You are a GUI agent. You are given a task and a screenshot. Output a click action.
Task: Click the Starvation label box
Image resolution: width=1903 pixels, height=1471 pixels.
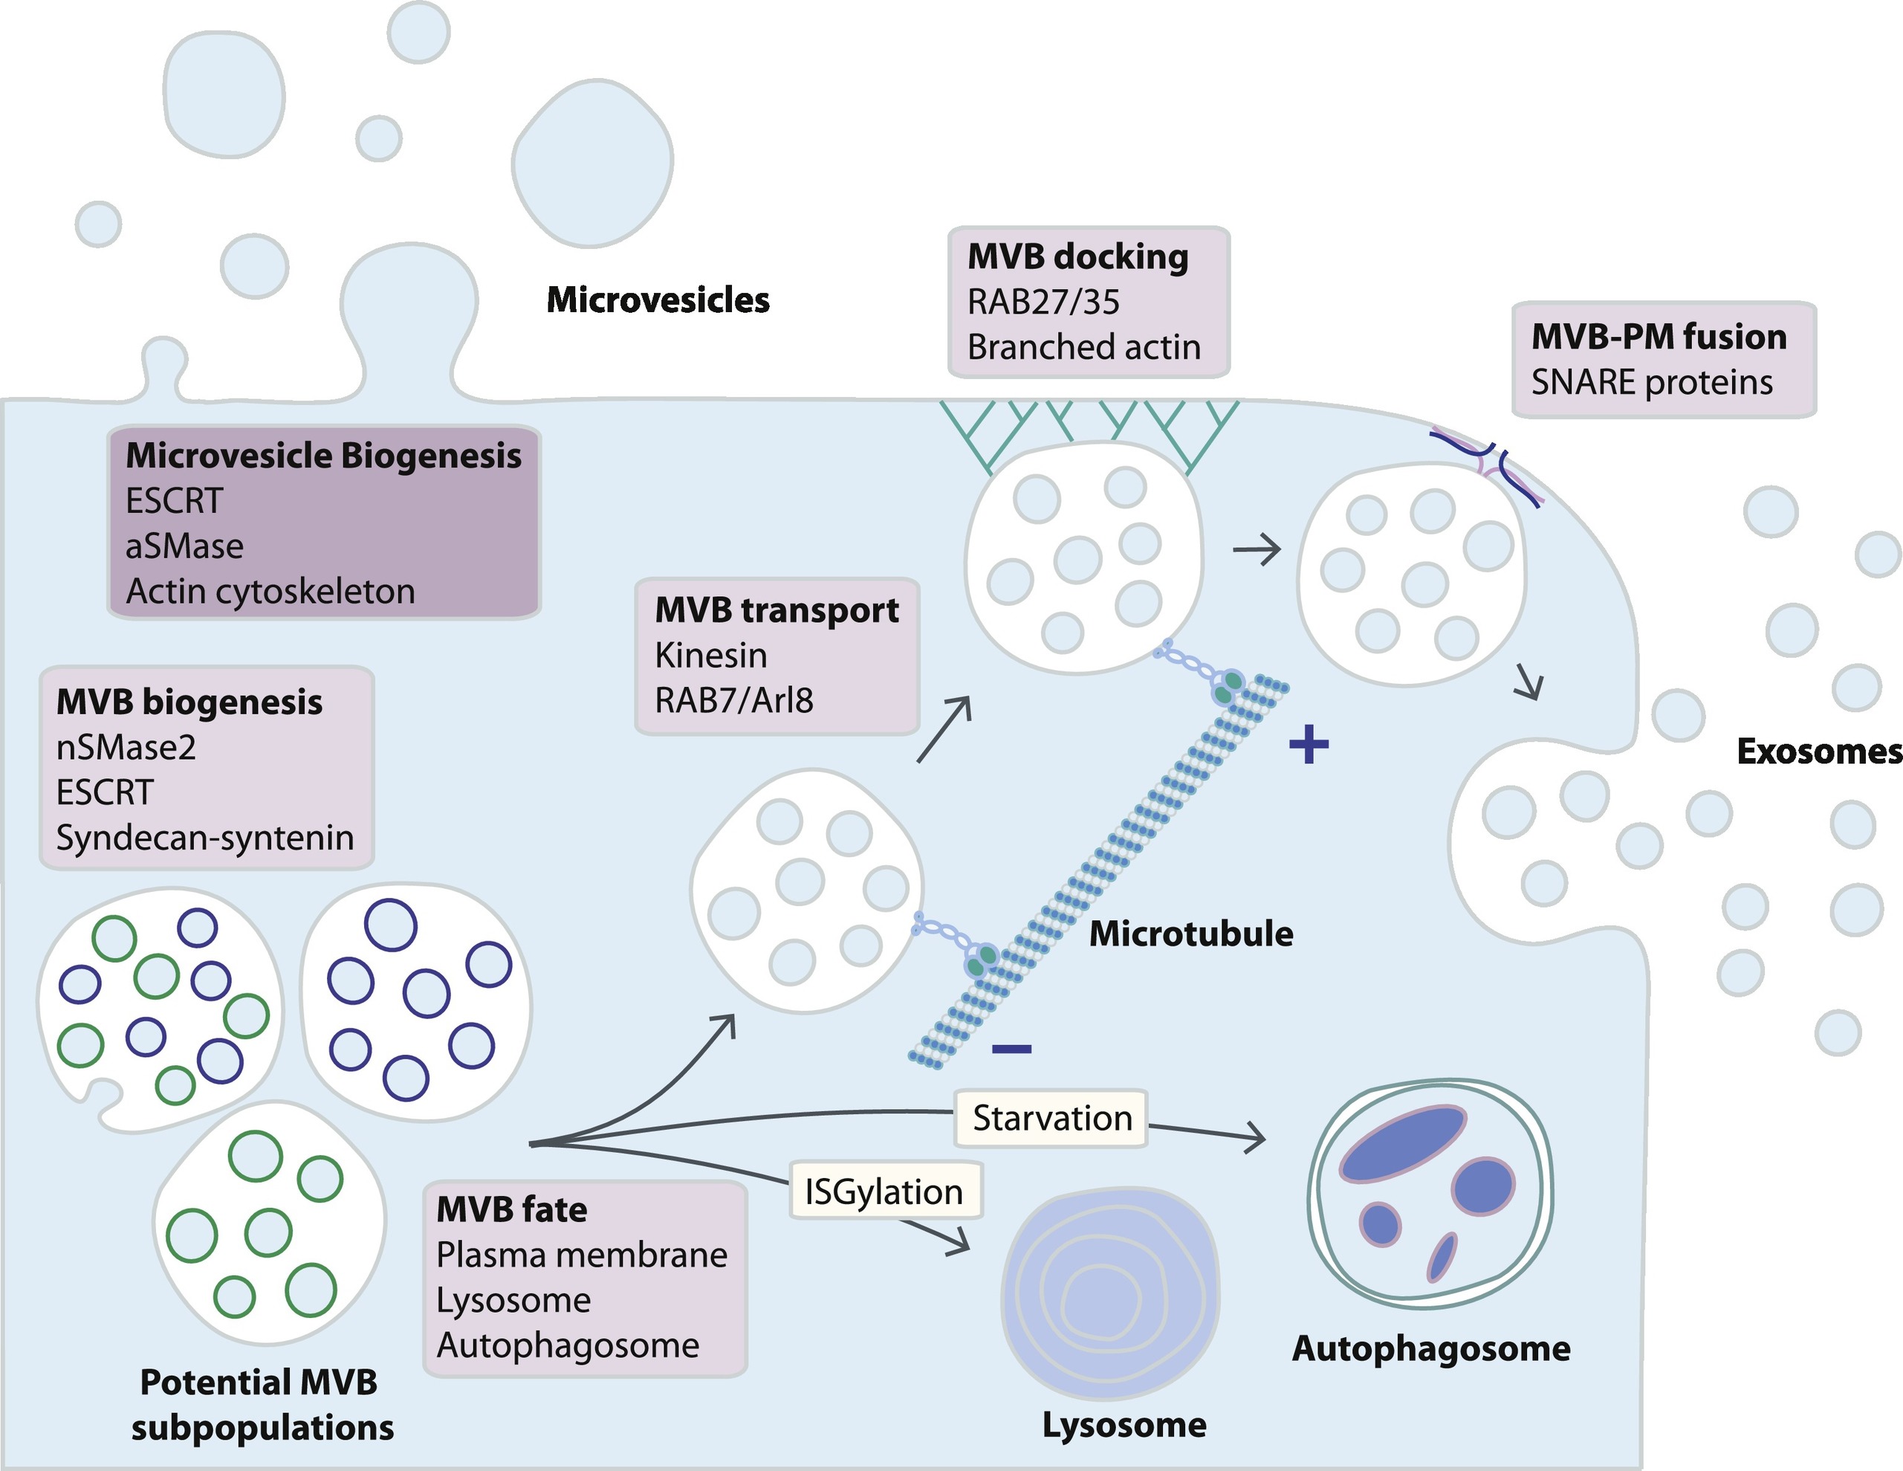(1051, 1118)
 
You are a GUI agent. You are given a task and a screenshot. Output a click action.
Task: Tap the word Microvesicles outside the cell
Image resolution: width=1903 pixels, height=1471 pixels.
(658, 300)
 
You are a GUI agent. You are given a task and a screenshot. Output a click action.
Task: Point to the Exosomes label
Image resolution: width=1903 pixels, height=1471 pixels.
(1818, 751)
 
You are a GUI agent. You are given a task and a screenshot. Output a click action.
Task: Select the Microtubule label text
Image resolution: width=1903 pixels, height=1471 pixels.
(1190, 934)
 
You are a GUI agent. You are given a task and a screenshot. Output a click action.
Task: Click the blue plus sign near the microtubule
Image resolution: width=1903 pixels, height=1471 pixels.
(1309, 745)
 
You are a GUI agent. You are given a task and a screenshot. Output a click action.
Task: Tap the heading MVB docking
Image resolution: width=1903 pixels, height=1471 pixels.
(1078, 257)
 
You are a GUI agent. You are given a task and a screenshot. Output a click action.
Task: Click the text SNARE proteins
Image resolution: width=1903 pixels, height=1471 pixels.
(1651, 383)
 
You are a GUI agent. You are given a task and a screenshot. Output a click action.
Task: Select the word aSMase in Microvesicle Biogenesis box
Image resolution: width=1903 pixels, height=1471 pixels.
(184, 546)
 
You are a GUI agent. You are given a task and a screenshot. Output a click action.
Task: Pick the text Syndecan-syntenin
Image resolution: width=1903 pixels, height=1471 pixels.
(205, 838)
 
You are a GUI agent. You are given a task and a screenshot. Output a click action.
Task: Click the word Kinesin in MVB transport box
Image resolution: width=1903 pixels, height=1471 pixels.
(711, 656)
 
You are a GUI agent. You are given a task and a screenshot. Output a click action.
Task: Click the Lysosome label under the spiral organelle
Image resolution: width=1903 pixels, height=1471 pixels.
(1124, 1425)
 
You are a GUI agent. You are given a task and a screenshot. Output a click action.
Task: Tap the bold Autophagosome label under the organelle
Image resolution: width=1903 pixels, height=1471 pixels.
(1430, 1348)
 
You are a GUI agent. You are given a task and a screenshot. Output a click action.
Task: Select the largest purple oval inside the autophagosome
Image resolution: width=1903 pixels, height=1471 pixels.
(1402, 1142)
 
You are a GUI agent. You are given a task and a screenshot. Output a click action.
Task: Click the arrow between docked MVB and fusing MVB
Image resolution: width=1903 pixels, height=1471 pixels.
(1257, 550)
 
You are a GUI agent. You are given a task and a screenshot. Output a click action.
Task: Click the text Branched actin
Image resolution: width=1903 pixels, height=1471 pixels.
(1083, 347)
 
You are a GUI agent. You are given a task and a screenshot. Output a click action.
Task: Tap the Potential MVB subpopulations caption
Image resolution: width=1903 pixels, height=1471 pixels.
(262, 1405)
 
